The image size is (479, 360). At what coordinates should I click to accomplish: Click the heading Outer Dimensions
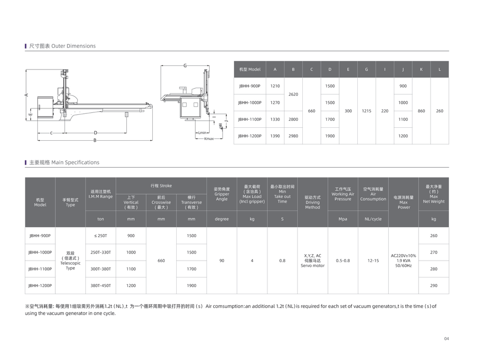[x=62, y=46]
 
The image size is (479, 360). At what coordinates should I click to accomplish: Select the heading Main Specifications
[x=64, y=162]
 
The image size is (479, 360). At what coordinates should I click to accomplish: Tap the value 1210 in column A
[x=275, y=86]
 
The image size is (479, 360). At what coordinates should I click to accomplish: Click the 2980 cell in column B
[x=293, y=136]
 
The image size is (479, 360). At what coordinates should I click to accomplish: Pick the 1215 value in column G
[x=366, y=111]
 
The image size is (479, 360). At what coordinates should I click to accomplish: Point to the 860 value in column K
[x=421, y=111]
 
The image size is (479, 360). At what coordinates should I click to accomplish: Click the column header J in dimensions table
[x=403, y=69]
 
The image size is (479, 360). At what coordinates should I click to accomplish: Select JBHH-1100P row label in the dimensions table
[x=249, y=119]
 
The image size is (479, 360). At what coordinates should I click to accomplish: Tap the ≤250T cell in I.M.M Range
[x=101, y=236]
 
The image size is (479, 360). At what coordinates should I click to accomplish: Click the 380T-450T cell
[x=101, y=286]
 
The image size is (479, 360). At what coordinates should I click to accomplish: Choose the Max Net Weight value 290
[x=434, y=286]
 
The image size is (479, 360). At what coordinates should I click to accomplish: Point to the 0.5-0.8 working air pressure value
[x=343, y=261]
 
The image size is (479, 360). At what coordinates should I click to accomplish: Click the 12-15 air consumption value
[x=373, y=261]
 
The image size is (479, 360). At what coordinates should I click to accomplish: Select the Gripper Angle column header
[x=222, y=194]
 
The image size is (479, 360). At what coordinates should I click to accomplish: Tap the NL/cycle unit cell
[x=373, y=219]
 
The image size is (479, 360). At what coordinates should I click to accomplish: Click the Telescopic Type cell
[x=70, y=261]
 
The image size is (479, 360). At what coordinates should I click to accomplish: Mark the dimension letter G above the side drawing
[x=185, y=65]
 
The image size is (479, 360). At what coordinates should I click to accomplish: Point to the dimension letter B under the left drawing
[x=94, y=140]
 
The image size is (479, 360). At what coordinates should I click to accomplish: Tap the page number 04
[x=446, y=339]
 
